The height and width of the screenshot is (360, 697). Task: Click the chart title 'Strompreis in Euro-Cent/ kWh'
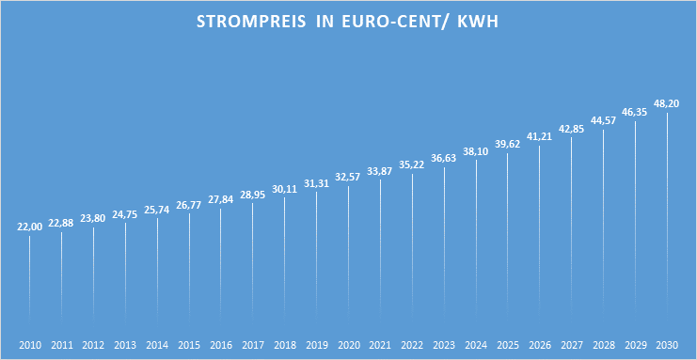(348, 22)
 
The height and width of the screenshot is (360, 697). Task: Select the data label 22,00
(30, 227)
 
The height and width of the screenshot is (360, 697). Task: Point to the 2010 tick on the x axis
(30, 345)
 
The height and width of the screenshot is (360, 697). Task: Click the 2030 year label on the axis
(667, 345)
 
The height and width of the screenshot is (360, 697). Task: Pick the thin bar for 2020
(348, 254)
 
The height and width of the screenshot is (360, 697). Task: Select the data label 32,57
(348, 177)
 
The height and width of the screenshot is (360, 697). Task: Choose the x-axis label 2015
(189, 345)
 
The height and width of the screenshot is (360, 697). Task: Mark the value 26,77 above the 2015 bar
(189, 204)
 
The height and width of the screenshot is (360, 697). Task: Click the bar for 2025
(508, 235)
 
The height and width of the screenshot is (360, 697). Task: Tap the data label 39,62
(508, 144)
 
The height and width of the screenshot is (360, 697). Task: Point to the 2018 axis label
(285, 345)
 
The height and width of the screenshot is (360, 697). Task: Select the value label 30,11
(285, 188)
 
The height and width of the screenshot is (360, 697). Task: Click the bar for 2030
(667, 216)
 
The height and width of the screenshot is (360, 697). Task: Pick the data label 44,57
(603, 120)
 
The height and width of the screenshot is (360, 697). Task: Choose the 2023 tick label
(444, 345)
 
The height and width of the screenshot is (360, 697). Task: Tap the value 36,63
(444, 158)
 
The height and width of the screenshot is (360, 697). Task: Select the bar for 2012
(94, 273)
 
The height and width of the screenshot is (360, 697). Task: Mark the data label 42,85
(571, 129)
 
